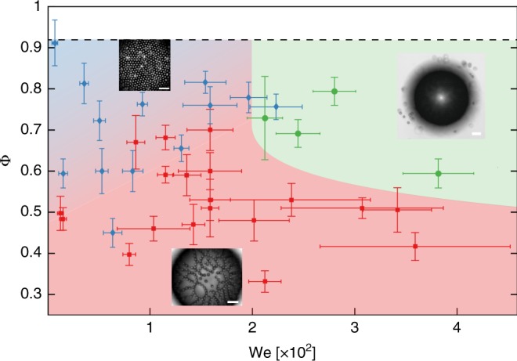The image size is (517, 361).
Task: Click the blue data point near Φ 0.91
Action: point(54,43)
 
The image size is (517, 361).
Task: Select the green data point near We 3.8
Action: point(438,173)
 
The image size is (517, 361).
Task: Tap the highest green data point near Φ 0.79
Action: point(334,91)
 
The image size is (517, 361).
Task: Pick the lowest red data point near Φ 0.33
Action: point(265,281)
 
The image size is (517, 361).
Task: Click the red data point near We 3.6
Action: point(415,247)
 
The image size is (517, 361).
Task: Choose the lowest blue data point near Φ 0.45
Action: point(113,233)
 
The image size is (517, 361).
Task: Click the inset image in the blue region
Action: point(144,65)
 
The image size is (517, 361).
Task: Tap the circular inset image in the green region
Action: point(441,96)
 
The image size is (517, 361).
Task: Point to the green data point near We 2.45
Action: point(298,133)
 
